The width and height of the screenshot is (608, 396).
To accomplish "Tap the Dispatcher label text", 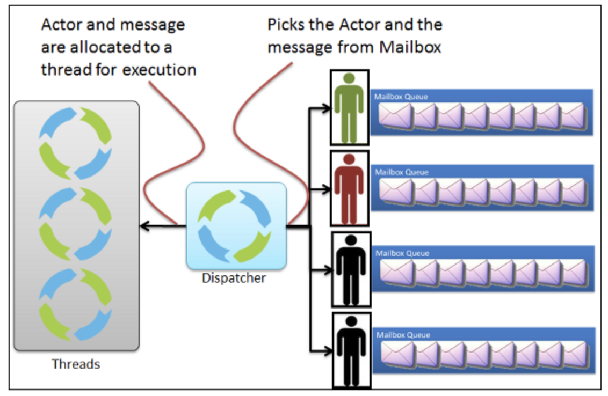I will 234,278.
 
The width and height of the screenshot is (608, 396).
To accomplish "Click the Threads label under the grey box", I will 76,364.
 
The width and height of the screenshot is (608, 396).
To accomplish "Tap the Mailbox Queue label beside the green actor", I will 401,97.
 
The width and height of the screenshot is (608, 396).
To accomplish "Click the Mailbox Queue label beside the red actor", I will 401,173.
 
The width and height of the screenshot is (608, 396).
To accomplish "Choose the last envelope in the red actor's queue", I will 573,192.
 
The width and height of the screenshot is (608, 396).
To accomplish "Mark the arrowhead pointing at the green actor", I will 327,108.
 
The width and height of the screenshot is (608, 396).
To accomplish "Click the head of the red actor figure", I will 349,159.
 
